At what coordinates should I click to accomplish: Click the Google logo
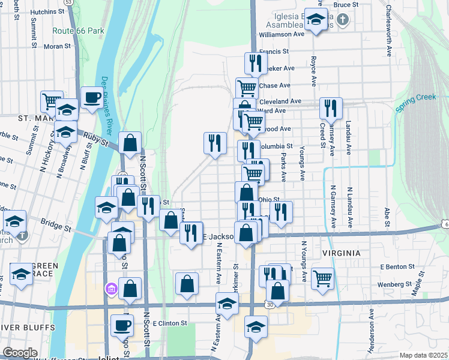click(x=20, y=353)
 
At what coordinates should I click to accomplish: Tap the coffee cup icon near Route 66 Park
click(x=92, y=97)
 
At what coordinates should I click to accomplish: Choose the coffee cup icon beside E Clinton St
click(x=122, y=325)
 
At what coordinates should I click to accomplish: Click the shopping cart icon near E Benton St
click(x=323, y=278)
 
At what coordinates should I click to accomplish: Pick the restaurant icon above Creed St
click(x=331, y=108)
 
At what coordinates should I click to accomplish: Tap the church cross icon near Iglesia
click(x=342, y=20)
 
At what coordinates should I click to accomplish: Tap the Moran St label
click(x=57, y=46)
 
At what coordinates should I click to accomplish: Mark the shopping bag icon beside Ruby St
click(x=130, y=143)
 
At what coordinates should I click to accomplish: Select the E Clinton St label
click(x=170, y=323)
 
